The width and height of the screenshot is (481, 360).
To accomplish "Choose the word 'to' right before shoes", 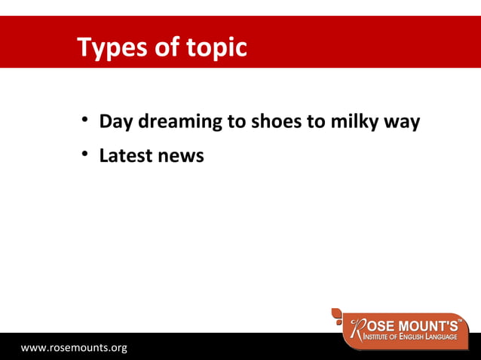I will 237,121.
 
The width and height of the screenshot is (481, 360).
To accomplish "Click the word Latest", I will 126,156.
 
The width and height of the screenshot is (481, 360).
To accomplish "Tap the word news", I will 181,157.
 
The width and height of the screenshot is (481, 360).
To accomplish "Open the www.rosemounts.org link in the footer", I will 74,348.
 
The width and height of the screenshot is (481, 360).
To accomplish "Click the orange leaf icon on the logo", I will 339,314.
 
